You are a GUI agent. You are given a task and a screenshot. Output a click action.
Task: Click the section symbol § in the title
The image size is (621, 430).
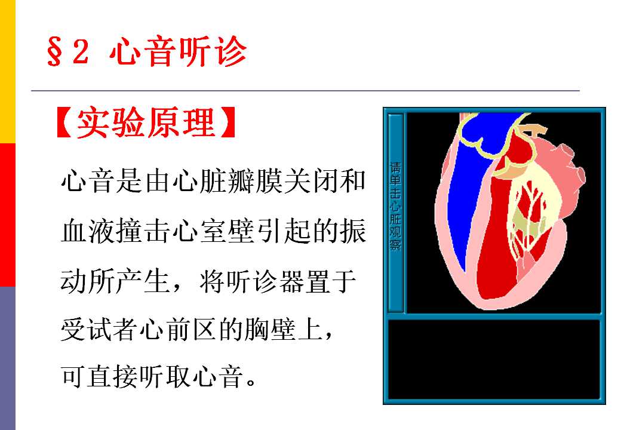tap(54, 51)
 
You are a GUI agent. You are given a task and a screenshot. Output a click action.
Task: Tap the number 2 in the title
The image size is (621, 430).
tap(81, 51)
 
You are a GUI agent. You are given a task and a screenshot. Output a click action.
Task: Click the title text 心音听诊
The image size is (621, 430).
tap(178, 51)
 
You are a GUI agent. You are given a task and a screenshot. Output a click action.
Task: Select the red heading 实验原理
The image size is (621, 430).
tap(146, 122)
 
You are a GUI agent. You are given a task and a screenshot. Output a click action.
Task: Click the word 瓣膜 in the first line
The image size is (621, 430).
tap(255, 182)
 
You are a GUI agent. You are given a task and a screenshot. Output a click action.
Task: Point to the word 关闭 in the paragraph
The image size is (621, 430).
tap(310, 182)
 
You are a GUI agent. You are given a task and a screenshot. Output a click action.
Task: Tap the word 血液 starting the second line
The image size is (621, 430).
tap(88, 231)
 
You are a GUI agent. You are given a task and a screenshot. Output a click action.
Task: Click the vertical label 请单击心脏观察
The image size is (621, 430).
tap(395, 206)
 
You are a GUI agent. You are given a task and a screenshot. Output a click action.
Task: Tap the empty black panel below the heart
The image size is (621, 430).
tap(494, 360)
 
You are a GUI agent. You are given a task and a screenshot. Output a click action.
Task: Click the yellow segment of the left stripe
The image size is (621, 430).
tap(8, 72)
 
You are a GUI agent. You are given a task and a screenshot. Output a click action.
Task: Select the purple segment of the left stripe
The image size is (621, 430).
tap(8, 358)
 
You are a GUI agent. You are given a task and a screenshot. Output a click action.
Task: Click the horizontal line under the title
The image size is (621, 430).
tap(305, 91)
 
